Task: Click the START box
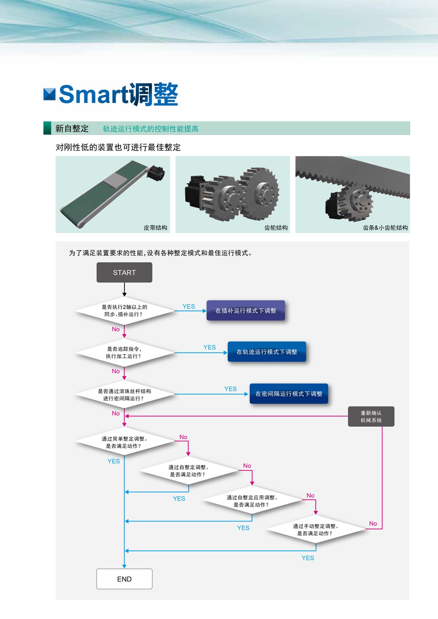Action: (x=124, y=273)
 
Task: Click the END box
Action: (x=124, y=579)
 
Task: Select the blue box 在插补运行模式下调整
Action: (x=246, y=310)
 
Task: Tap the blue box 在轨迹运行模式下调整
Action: (x=267, y=352)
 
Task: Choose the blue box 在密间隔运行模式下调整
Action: (x=289, y=394)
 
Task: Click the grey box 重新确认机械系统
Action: (x=371, y=416)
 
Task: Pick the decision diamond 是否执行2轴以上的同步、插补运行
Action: (x=124, y=310)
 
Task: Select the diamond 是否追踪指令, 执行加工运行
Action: (x=124, y=352)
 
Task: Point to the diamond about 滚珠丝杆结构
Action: (x=124, y=395)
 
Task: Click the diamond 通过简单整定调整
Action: (x=124, y=442)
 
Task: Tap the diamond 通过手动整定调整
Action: (x=315, y=530)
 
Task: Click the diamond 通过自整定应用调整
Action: (x=252, y=501)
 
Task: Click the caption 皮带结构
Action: (x=155, y=228)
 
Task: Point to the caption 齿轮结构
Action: (x=276, y=228)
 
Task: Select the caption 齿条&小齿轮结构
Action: (x=385, y=228)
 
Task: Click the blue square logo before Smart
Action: (x=49, y=94)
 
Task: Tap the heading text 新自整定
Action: (x=72, y=129)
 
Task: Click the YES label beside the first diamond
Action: (x=189, y=306)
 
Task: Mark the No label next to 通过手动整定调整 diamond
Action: (x=373, y=523)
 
